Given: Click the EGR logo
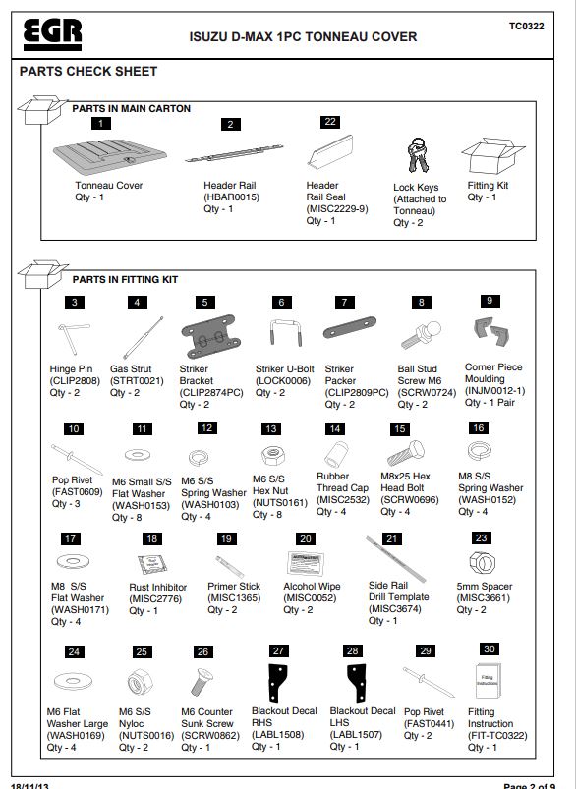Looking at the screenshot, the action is pyautogui.click(x=52, y=34).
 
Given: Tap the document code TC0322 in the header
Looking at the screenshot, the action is pyautogui.click(x=526, y=27).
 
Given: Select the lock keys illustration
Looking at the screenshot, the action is pyautogui.click(x=418, y=155).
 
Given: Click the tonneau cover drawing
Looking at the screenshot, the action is pyautogui.click(x=110, y=156).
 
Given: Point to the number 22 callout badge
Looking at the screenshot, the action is pyautogui.click(x=330, y=122).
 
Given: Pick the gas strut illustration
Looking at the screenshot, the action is pyautogui.click(x=144, y=337).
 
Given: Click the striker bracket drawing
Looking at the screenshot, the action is pyautogui.click(x=207, y=336).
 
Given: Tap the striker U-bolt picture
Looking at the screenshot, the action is pyautogui.click(x=285, y=332).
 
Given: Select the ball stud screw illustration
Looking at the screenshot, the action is pyautogui.click(x=422, y=335).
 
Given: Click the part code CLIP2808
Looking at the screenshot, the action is pyautogui.click(x=75, y=381).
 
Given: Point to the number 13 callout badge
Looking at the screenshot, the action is pyautogui.click(x=271, y=428).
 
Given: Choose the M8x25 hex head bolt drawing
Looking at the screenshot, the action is pyautogui.click(x=406, y=453).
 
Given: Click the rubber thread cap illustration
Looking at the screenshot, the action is pyautogui.click(x=336, y=454).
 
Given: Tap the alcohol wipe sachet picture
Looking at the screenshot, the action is pyautogui.click(x=306, y=563).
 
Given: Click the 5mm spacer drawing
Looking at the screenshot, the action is pyautogui.click(x=483, y=562).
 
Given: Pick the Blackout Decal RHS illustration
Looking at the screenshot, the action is pyautogui.click(x=277, y=683).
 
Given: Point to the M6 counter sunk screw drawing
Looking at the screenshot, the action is pyautogui.click(x=202, y=682).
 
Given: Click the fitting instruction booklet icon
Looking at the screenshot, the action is pyautogui.click(x=488, y=680).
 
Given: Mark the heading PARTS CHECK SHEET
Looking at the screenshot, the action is pyautogui.click(x=88, y=72).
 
